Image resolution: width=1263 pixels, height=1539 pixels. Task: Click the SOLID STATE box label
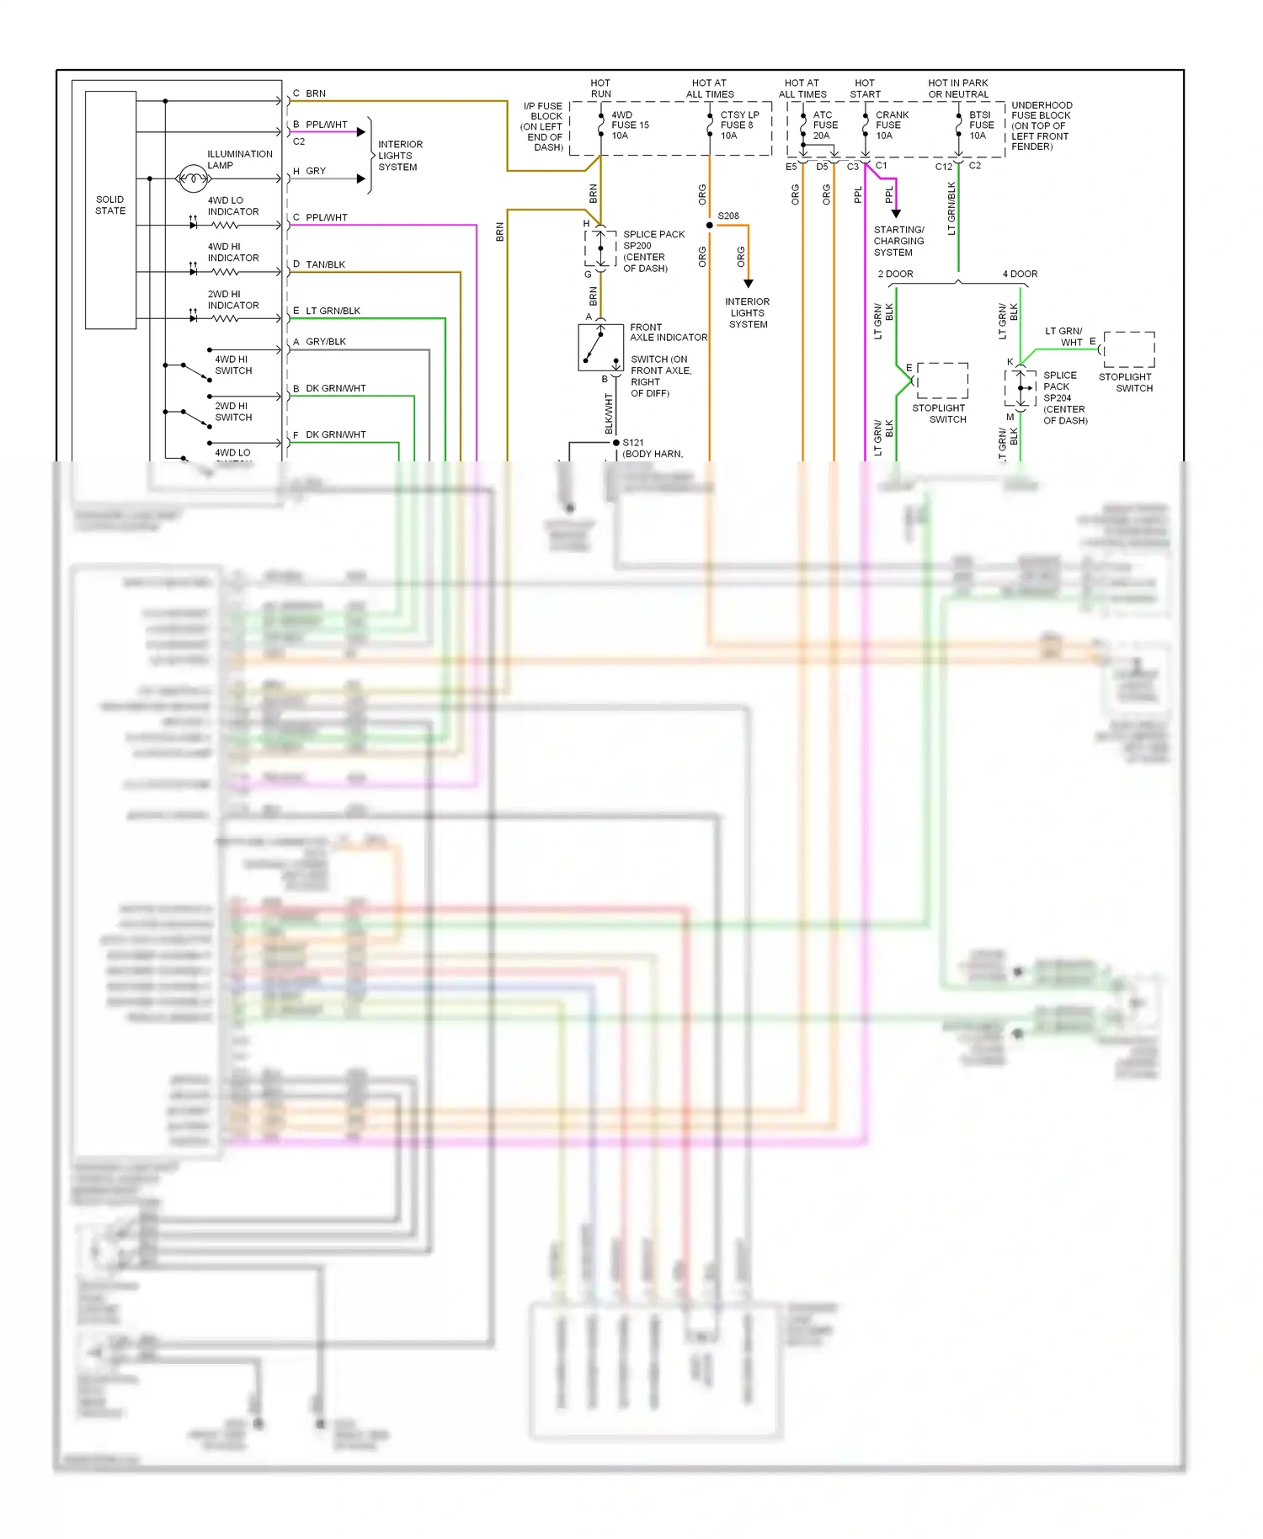110,205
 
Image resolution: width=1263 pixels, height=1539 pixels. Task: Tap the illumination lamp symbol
192,178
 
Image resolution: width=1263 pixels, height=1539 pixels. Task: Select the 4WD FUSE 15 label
630,125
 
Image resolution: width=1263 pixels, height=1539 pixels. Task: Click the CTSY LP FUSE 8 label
738,125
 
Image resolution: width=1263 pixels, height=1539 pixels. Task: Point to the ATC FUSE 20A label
824,125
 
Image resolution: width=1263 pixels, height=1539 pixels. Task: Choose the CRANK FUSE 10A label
891,125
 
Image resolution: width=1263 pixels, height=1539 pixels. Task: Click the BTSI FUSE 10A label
981,125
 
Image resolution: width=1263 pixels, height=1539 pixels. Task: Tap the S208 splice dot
710,226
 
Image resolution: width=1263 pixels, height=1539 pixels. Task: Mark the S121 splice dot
616,443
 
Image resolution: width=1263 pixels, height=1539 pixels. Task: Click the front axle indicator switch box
600,348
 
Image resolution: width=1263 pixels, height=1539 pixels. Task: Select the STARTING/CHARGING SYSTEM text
898,241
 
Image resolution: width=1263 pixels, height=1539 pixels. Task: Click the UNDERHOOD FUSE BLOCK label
1041,125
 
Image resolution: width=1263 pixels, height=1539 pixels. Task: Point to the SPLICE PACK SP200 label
653,251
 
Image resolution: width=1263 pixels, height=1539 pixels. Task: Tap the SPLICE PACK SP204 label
1064,397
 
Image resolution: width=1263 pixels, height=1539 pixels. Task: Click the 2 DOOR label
895,274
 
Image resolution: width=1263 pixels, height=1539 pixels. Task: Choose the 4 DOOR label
1020,274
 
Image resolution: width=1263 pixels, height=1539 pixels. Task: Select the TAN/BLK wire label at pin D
325,264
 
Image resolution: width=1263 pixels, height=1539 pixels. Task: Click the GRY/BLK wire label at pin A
325,342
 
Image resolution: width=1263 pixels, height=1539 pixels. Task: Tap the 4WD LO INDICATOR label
232,206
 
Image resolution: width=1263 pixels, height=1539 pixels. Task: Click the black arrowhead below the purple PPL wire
896,214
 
